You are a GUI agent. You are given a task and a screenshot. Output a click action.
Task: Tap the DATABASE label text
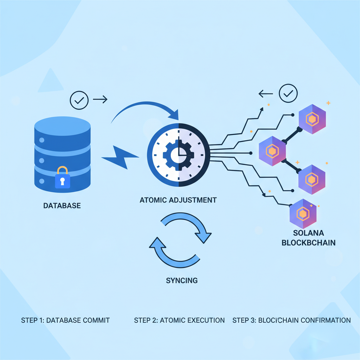[62, 205]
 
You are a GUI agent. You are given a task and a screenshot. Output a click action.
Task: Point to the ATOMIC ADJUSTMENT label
[178, 200]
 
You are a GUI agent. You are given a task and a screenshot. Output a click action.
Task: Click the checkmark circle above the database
[79, 100]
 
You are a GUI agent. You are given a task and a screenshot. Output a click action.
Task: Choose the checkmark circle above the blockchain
[288, 94]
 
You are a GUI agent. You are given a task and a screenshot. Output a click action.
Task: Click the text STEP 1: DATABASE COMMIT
[65, 320]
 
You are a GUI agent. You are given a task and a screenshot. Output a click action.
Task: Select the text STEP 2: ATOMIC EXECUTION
[179, 320]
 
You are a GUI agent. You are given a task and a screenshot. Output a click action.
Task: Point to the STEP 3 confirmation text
[291, 320]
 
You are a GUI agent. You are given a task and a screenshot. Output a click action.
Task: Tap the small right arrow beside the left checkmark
[100, 100]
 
